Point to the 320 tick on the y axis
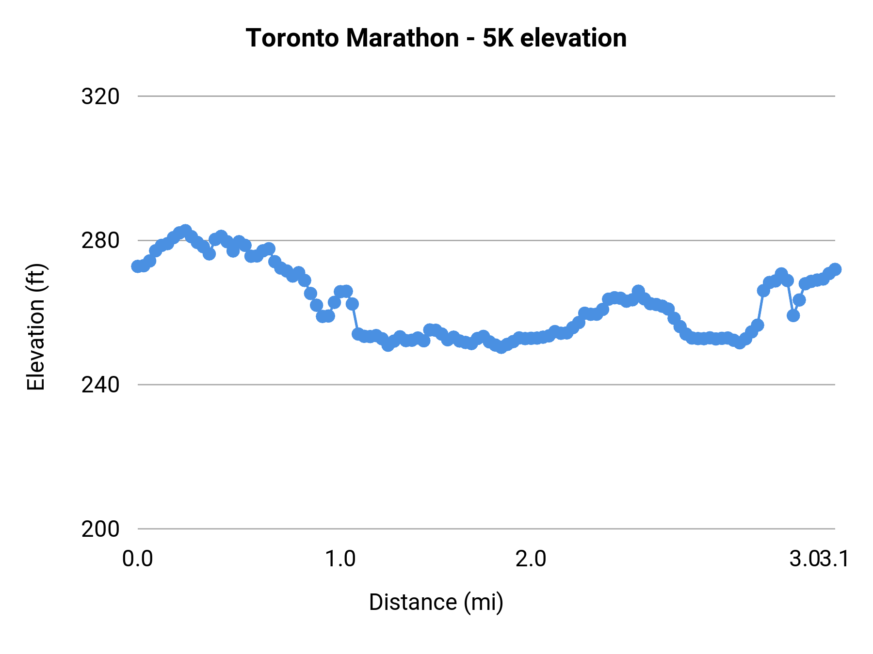coord(100,96)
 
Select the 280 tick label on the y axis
coord(100,241)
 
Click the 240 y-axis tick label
coord(100,385)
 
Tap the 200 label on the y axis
coord(100,529)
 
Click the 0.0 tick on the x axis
coord(137,559)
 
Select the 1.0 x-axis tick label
coord(340,559)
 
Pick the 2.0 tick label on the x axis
coord(531,559)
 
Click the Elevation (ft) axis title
coord(36,327)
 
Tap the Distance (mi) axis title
coord(436,602)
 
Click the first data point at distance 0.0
coord(138,266)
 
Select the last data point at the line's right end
coord(835,269)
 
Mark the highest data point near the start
coord(185,231)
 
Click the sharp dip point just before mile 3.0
coord(793,315)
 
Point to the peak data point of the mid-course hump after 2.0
coord(638,291)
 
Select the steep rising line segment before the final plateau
coord(760,308)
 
